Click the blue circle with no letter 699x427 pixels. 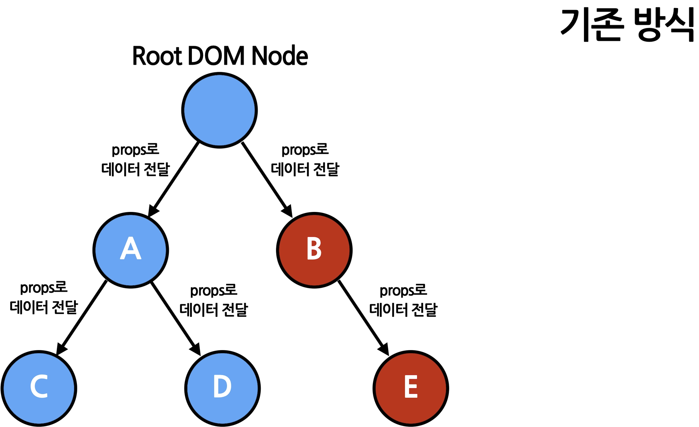(219, 110)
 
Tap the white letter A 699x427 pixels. (131, 248)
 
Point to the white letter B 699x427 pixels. (314, 248)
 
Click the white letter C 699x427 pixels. (39, 386)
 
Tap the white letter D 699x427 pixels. (222, 386)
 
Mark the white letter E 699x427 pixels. (411, 386)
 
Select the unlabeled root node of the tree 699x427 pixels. (219, 110)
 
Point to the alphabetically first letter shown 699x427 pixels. (131, 248)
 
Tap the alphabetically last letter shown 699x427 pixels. (411, 386)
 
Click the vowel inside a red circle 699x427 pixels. (411, 386)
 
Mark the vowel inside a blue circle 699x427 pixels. (131, 248)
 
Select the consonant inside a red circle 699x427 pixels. (314, 248)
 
